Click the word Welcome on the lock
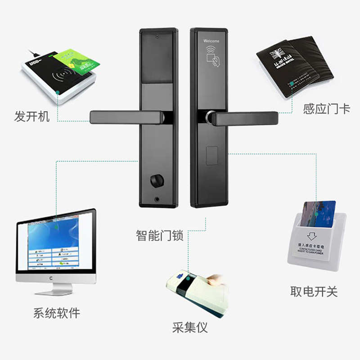pyautogui.click(x=211, y=41)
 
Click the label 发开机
pyautogui.click(x=32, y=117)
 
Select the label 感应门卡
pyautogui.click(x=326, y=109)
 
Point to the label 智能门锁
pyautogui.click(x=160, y=235)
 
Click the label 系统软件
pyautogui.click(x=57, y=313)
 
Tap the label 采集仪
pyautogui.click(x=190, y=327)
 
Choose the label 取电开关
pyautogui.click(x=314, y=291)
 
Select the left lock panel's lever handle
pyautogui.click(x=126, y=117)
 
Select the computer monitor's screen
pyautogui.click(x=54, y=243)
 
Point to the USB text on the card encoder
pyautogui.click(x=35, y=63)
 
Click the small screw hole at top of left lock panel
pyautogui.click(x=156, y=36)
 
